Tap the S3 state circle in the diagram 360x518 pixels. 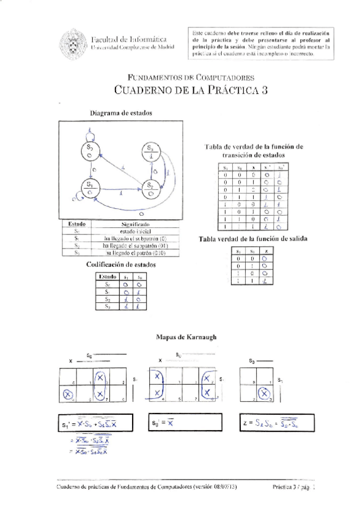[150, 151]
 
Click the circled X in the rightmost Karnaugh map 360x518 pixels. [263, 394]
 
